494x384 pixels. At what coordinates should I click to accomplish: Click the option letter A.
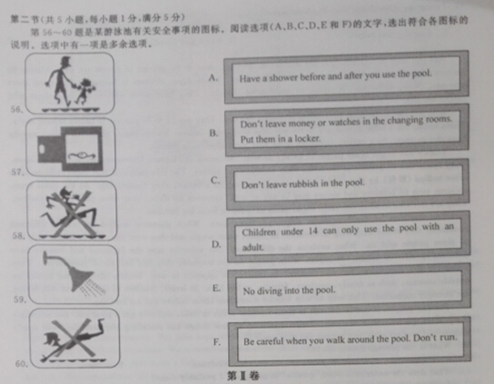[213, 78]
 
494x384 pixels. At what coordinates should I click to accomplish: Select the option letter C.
[214, 180]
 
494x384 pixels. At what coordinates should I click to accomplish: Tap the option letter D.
[215, 244]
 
